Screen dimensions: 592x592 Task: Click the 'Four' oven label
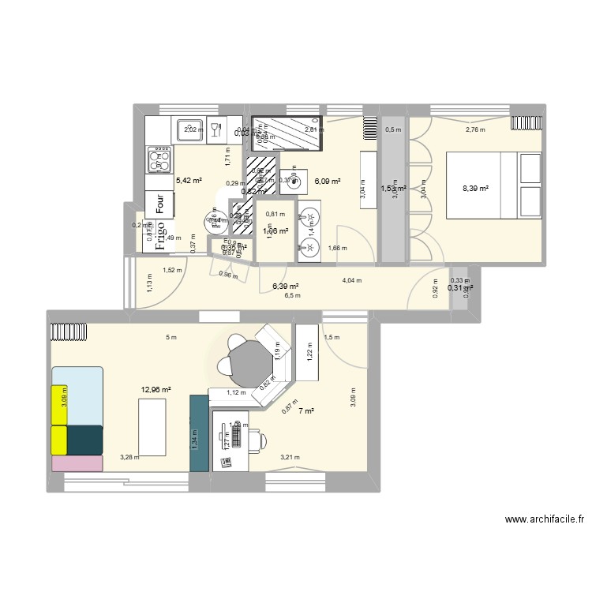[160, 204]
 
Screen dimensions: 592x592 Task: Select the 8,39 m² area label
[476, 189]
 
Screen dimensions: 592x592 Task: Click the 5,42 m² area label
[189, 181]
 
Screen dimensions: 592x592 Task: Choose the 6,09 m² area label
[328, 182]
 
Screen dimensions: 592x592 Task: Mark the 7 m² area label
[306, 410]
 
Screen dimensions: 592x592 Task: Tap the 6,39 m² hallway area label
[285, 287]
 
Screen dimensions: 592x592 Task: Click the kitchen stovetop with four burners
[159, 159]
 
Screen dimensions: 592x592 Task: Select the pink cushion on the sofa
[77, 463]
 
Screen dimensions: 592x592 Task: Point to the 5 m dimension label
[171, 338]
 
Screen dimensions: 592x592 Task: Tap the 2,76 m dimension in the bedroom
[475, 130]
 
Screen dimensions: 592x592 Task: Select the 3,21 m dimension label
[291, 457]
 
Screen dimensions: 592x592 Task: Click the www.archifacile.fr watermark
[546, 520]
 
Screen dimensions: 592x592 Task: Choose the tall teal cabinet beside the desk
[198, 433]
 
